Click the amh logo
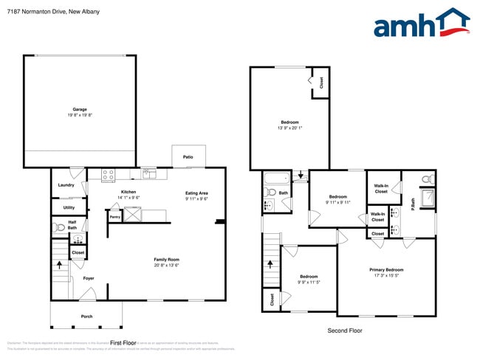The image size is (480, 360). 421,24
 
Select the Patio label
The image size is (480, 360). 188,157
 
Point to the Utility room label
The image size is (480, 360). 69,207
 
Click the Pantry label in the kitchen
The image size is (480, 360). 114,217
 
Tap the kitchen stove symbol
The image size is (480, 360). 108,175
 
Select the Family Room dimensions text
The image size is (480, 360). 166,266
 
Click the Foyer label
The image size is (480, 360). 89,278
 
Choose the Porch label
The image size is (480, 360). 87,316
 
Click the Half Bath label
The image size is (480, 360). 72,224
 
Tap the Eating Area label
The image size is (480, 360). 196,193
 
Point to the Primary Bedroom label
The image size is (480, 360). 386,269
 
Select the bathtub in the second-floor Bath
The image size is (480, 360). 276,178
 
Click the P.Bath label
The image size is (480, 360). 413,203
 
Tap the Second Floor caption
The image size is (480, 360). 344,331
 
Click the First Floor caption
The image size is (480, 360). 123,343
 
